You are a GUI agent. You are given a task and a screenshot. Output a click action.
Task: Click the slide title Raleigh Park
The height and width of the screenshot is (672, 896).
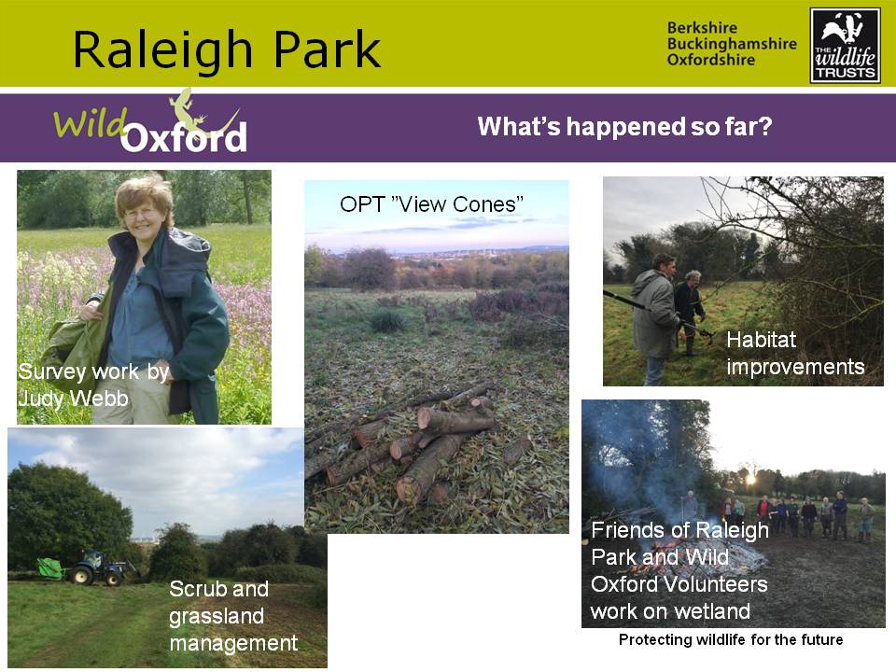coord(227,50)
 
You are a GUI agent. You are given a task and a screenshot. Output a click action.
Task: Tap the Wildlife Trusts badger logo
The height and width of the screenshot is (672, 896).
coord(846,45)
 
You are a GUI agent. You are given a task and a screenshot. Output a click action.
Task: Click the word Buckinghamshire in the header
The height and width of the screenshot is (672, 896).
coord(732,44)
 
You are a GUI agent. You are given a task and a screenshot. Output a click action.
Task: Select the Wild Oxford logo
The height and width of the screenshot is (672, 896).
coord(150,123)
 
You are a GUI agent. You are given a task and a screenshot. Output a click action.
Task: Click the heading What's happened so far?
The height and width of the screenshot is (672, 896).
coord(624,126)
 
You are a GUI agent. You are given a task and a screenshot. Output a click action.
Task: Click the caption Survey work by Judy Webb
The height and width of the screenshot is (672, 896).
coord(93,385)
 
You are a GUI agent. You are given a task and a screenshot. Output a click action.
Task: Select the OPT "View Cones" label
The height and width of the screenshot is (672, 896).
coord(431,204)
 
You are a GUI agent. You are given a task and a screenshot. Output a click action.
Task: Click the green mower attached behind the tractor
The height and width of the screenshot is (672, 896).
coord(51,569)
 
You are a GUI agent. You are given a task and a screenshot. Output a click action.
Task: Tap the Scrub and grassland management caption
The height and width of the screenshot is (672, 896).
coord(233,616)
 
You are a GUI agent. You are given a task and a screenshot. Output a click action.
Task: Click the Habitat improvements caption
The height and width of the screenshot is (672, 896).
coord(795,353)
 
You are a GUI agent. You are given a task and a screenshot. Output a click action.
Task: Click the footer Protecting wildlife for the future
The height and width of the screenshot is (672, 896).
coord(731,639)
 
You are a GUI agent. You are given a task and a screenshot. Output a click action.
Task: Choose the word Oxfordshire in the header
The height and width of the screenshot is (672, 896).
coord(711,60)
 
